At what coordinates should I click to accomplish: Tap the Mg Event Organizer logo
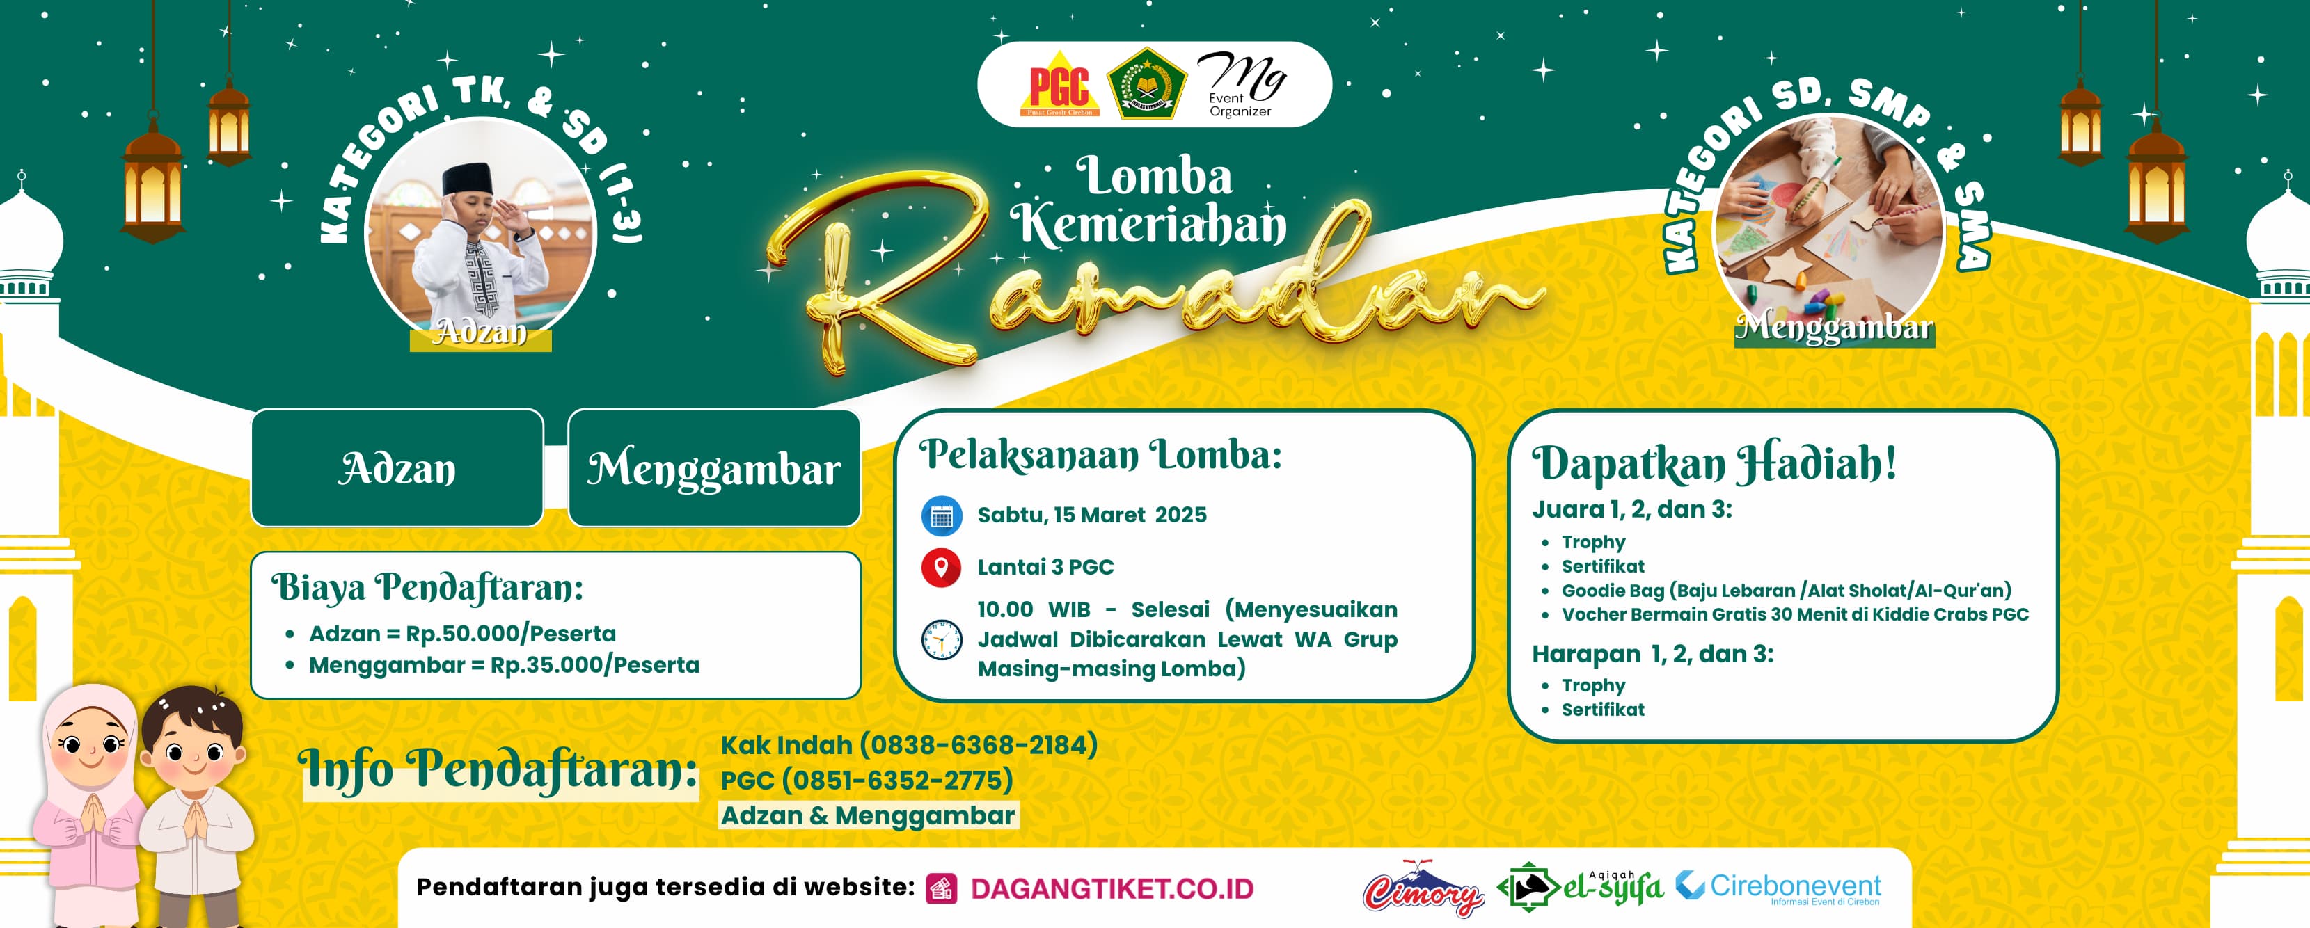click(x=1242, y=84)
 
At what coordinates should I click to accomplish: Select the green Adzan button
click(x=397, y=468)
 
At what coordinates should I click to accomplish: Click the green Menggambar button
click(x=714, y=468)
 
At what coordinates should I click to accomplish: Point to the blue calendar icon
click(x=942, y=515)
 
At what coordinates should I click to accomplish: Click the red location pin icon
click(x=942, y=568)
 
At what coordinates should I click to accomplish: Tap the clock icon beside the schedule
click(x=942, y=639)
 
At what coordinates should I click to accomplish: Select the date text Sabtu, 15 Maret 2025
click(x=1091, y=515)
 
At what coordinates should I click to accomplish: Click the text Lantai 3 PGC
click(x=1045, y=567)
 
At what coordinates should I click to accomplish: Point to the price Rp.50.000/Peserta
click(x=510, y=634)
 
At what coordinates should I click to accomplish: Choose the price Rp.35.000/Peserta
click(x=594, y=665)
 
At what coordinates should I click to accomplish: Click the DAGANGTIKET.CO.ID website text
click(x=1112, y=888)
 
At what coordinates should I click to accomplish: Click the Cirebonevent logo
click(x=1778, y=888)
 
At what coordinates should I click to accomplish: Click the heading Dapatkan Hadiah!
click(x=1714, y=463)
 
